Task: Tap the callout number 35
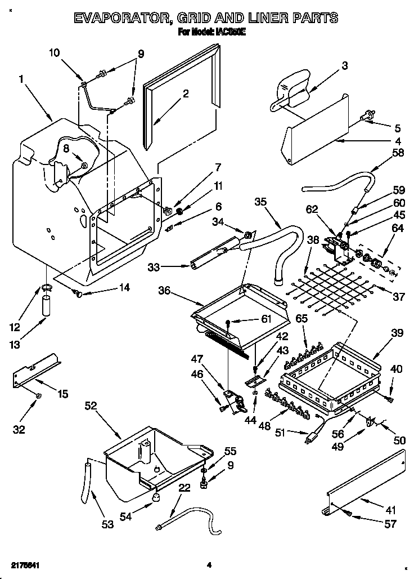[x=260, y=201]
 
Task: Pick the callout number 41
[x=391, y=510]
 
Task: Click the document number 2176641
[x=24, y=564]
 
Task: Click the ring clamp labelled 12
[x=47, y=289]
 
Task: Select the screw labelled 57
[x=349, y=514]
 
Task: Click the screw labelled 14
[x=79, y=293]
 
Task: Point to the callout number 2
[x=185, y=94]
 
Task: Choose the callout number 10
[x=54, y=53]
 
